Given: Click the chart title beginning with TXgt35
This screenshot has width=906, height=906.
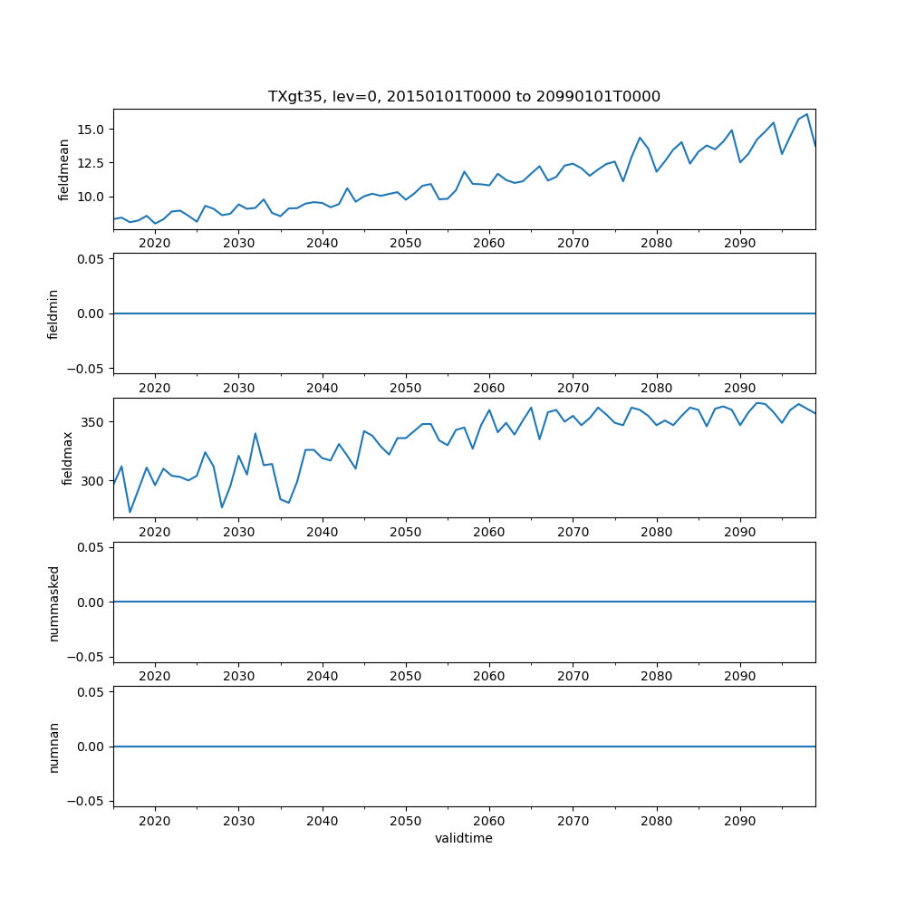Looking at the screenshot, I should [x=464, y=96].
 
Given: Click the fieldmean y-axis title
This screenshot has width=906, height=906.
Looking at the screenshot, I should [x=64, y=169].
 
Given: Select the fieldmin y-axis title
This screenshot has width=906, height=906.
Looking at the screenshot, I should [x=53, y=313].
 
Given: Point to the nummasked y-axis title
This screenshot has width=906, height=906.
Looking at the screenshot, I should [x=53, y=602].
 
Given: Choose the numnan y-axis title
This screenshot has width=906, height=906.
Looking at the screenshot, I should [x=53, y=747].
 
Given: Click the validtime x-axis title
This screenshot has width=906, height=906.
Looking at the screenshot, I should [x=464, y=838].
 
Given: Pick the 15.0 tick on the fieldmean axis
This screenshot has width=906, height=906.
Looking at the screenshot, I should [x=92, y=129].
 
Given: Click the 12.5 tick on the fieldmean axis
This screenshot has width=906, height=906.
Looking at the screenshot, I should [x=92, y=163].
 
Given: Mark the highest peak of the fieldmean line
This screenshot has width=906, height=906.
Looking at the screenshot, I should [x=806, y=114].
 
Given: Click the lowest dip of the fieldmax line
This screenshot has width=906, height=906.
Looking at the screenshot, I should [x=130, y=512].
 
